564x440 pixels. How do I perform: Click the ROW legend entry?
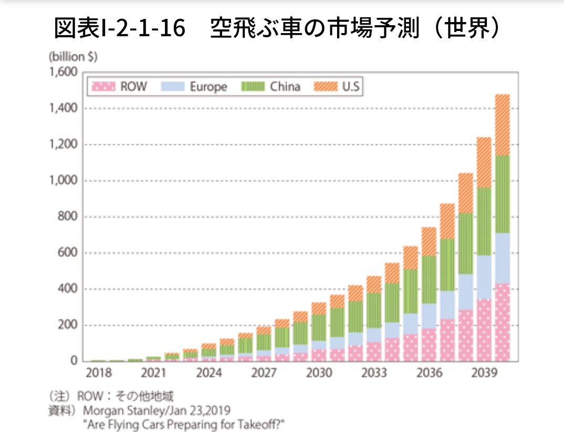[120, 87]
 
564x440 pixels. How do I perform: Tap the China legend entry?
[271, 87]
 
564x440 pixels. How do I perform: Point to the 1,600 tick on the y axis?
[64, 72]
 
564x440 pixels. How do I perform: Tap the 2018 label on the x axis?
[99, 373]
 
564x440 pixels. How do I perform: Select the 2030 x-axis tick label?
[319, 373]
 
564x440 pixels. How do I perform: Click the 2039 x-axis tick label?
[484, 373]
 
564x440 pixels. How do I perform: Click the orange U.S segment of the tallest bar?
[503, 125]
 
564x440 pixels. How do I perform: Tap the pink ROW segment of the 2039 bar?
[484, 331]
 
